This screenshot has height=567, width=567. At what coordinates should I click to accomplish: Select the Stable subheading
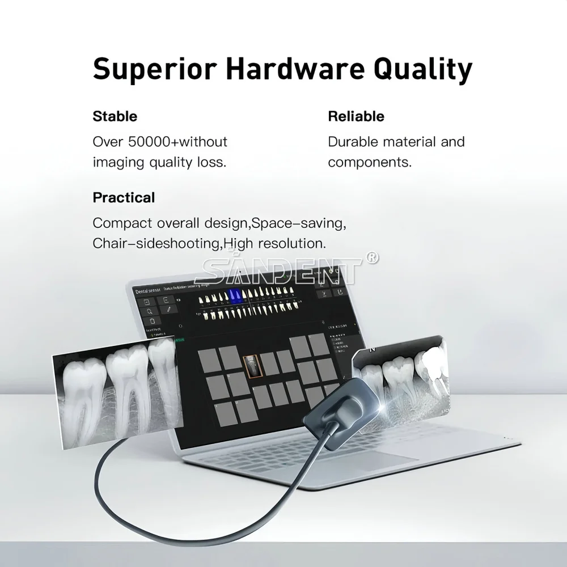(115, 117)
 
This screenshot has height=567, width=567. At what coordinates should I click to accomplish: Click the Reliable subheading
(356, 117)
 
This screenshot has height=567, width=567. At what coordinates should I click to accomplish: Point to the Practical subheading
(124, 198)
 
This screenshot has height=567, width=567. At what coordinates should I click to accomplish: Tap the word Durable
(353, 142)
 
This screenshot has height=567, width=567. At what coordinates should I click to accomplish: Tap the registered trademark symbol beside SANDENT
(373, 258)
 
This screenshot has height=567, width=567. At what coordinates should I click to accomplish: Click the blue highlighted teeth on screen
(235, 295)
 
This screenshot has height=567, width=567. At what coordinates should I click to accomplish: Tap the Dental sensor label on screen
(147, 290)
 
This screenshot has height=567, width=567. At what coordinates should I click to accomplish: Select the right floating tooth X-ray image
(400, 377)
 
